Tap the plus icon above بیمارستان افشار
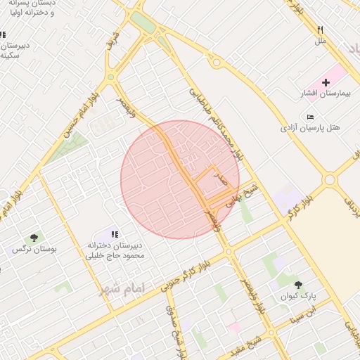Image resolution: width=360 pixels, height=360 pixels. pyautogui.click(x=326, y=82)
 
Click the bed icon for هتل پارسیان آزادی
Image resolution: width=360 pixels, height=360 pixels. pyautogui.click(x=311, y=116)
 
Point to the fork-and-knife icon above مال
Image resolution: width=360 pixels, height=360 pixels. pyautogui.click(x=321, y=30)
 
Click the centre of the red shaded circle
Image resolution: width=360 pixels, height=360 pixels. pyautogui.click(x=180, y=179)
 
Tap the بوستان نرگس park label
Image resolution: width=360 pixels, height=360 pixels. pyautogui.click(x=34, y=249)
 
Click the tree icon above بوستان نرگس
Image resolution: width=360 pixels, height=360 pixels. pyautogui.click(x=34, y=238)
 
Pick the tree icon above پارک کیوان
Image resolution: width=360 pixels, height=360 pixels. pyautogui.click(x=300, y=285)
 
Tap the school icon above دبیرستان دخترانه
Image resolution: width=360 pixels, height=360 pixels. pyautogui.click(x=115, y=234)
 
